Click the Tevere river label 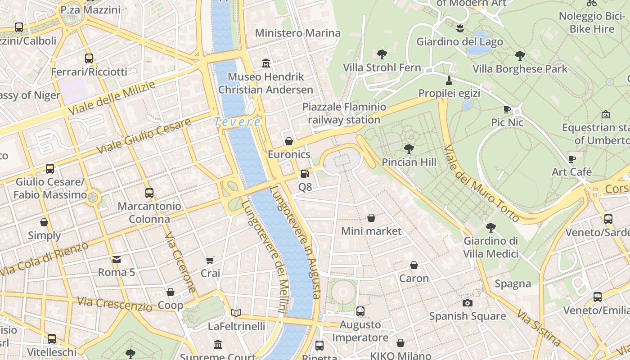coord(237,122)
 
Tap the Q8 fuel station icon coord(305,173)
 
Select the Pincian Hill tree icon coord(409,148)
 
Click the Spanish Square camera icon coord(468,303)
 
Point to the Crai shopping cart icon coord(210,260)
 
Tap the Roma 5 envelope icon coord(117,259)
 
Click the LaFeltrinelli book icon coord(236,313)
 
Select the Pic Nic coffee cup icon coord(507,109)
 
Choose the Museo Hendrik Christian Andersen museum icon coord(265,63)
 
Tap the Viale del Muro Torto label coord(481,183)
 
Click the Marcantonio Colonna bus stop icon coord(149,193)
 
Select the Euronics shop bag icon coord(289,141)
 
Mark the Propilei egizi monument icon coord(449,81)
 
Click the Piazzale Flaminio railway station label coord(344,113)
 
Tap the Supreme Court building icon coord(218,344)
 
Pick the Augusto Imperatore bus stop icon coord(360,311)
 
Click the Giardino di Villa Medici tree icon coord(490,228)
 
